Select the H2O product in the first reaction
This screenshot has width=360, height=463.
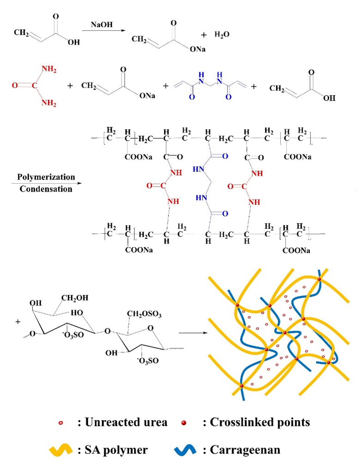coord(222,35)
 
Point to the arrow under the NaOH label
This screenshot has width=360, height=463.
coord(103,30)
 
